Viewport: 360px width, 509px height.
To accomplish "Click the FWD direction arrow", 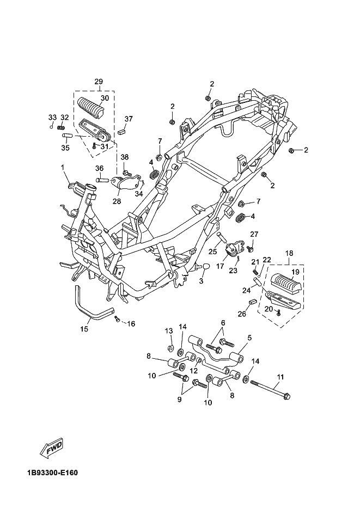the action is [x=51, y=448].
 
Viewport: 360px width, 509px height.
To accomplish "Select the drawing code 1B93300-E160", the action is [x=53, y=473].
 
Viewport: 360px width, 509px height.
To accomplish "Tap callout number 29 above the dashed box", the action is [x=99, y=82].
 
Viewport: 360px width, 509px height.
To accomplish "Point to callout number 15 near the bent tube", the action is [x=84, y=329].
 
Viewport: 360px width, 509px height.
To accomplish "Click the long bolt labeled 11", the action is [x=270, y=390].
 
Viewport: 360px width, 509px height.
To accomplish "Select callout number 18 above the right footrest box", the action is [x=289, y=253].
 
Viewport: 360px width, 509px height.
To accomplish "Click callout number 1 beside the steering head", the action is [x=63, y=167].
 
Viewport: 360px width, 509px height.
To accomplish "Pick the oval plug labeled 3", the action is [x=206, y=267].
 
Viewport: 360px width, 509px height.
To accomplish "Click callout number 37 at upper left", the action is [x=129, y=119].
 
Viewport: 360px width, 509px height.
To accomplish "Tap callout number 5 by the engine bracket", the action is [x=249, y=338].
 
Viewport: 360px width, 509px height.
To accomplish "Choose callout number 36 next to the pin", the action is [x=99, y=168].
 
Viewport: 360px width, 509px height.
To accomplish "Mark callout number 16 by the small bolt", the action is [x=131, y=324].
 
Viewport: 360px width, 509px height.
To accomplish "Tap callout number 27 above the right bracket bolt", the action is [x=254, y=235].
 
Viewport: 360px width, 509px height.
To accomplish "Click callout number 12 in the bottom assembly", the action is [x=194, y=371].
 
